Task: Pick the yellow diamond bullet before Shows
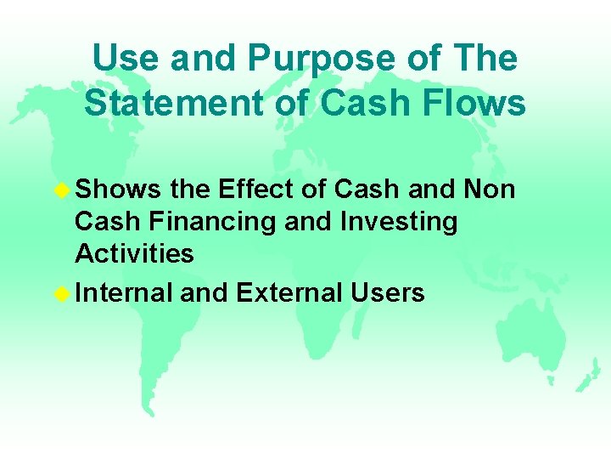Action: point(62,190)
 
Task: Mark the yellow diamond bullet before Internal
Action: point(62,294)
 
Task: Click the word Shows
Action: point(118,189)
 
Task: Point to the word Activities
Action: point(134,253)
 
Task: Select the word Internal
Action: point(123,293)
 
